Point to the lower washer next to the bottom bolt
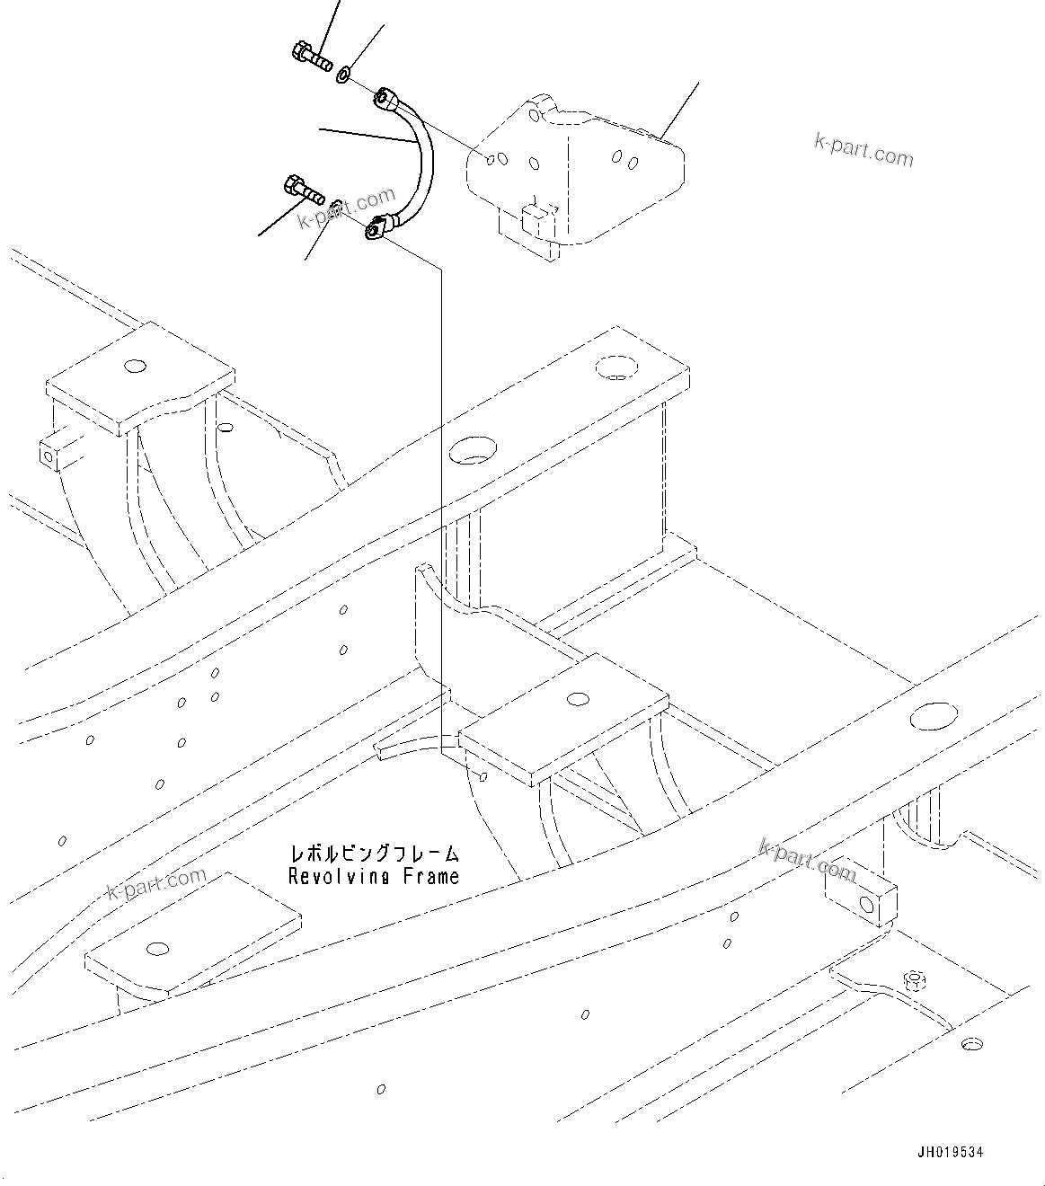333,208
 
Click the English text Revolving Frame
373,876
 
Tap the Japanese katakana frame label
373,852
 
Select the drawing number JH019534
950,1153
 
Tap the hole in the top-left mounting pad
135,366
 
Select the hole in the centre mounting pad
579,697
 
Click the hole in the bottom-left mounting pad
158,949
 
